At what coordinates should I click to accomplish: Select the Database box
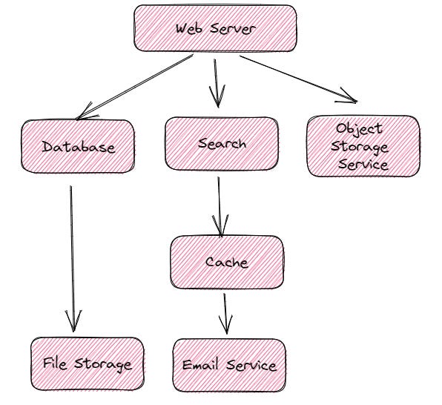pyautogui.click(x=79, y=147)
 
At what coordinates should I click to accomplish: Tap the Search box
pyautogui.click(x=222, y=143)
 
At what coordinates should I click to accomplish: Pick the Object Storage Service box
pyautogui.click(x=363, y=145)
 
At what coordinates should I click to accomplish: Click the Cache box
pyautogui.click(x=226, y=263)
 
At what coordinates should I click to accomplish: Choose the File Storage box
pyautogui.click(x=87, y=364)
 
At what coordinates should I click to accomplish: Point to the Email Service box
pyautogui.click(x=228, y=365)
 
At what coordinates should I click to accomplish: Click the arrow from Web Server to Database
pyautogui.click(x=133, y=87)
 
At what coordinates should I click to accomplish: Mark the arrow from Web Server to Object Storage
pyautogui.click(x=297, y=78)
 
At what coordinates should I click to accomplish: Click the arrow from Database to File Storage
pyautogui.click(x=72, y=252)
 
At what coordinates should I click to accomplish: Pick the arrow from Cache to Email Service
pyautogui.click(x=225, y=312)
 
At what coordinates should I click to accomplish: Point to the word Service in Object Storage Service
pyautogui.click(x=363, y=164)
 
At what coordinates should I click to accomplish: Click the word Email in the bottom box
pyautogui.click(x=199, y=365)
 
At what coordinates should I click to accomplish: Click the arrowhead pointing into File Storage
pyautogui.click(x=73, y=323)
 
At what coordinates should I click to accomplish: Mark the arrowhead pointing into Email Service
pyautogui.click(x=226, y=326)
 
